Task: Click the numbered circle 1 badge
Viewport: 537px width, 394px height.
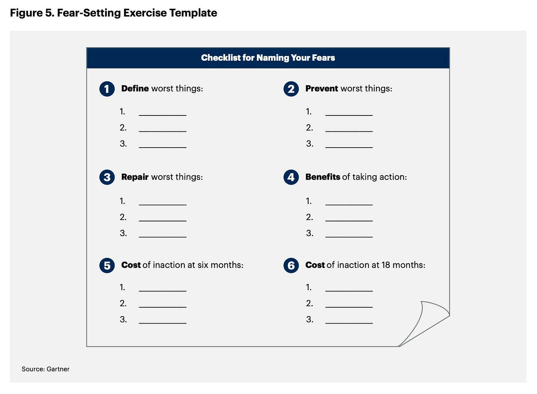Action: [x=107, y=89]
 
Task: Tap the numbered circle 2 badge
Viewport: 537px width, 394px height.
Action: [x=291, y=89]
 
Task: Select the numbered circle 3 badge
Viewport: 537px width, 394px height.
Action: [x=107, y=177]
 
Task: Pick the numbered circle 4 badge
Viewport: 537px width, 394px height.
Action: [x=291, y=177]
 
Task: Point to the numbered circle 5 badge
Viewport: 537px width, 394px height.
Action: [x=107, y=265]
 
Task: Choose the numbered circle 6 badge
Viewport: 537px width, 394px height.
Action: [x=291, y=265]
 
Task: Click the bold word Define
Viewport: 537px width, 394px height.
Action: [x=135, y=89]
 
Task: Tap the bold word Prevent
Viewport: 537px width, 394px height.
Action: [x=322, y=89]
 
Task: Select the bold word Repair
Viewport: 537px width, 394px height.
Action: [x=135, y=177]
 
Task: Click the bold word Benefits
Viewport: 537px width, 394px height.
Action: [x=323, y=177]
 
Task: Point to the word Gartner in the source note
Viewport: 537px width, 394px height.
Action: [x=58, y=369]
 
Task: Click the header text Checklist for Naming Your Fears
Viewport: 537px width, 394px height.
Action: [x=268, y=58]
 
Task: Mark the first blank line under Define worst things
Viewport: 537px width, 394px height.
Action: [x=163, y=114]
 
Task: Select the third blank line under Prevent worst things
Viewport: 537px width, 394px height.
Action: [x=349, y=146]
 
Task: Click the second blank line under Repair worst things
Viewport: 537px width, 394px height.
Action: [x=163, y=220]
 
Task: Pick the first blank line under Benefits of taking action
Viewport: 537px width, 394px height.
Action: [x=349, y=204]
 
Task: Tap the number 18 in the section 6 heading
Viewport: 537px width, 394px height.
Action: [x=386, y=265]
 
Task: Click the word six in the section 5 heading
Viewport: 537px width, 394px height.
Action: [x=203, y=265]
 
